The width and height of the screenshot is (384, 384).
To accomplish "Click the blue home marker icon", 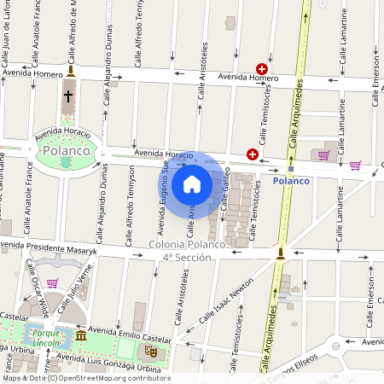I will coord(192,183).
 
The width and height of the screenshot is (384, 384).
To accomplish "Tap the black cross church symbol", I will coord(68,96).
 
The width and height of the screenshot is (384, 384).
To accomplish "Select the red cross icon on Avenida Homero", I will coord(262,68).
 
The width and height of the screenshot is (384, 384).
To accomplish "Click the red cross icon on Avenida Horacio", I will coord(253,154).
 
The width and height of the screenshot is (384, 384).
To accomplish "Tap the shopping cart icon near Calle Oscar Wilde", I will coord(52,282).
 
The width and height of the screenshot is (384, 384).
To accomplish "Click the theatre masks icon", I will coord(150,350).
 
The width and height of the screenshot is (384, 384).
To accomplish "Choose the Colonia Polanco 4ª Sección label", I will coord(175,251).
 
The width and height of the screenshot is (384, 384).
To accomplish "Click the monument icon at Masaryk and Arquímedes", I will coord(279,252).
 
